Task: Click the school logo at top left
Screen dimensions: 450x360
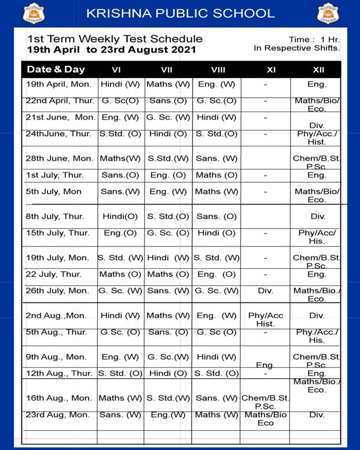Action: (32, 13)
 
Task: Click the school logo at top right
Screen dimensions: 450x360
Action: (328, 13)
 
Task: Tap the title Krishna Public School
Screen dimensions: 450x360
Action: (180, 13)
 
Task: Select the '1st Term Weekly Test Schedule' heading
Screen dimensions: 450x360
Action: (115, 39)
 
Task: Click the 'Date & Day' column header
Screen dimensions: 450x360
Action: (56, 69)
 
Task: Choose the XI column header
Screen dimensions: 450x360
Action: (271, 70)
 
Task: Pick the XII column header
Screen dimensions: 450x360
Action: (318, 70)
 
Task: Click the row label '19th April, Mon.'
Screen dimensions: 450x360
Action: (55, 84)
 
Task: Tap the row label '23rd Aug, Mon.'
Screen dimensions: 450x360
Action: (58, 414)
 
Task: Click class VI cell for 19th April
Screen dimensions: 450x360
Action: (120, 84)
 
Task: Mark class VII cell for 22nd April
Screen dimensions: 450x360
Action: (168, 101)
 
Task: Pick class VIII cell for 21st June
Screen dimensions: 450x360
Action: (216, 117)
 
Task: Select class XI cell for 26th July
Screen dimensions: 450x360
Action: (265, 290)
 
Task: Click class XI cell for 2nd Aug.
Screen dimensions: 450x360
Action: (266, 319)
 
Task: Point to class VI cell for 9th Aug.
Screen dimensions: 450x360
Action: (120, 357)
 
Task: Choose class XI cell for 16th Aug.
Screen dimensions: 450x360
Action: (265, 401)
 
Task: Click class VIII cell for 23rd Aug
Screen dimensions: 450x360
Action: (216, 414)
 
